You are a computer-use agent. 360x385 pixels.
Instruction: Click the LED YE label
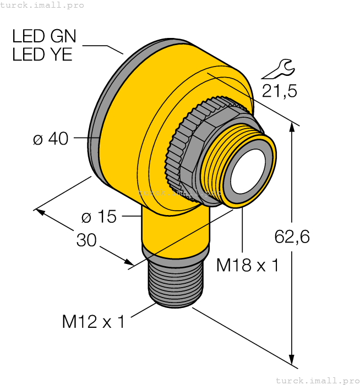tap(42, 54)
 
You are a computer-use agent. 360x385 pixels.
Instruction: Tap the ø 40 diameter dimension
tap(51, 139)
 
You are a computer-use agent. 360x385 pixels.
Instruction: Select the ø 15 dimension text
tap(99, 217)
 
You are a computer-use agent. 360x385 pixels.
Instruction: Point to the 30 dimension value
tap(86, 240)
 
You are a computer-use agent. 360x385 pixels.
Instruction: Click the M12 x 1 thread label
tap(93, 321)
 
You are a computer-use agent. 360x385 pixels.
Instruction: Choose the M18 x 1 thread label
tap(247, 265)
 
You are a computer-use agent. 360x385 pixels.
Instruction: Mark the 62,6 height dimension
tap(292, 237)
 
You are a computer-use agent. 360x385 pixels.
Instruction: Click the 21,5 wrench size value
tap(279, 91)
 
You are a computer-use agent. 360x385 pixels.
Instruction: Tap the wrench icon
tap(278, 69)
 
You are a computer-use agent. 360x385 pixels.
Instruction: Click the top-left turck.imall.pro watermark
tap(42, 5)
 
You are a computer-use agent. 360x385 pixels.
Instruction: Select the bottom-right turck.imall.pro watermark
tap(317, 380)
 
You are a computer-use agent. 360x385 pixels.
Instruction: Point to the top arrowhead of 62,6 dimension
tap(292, 128)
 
